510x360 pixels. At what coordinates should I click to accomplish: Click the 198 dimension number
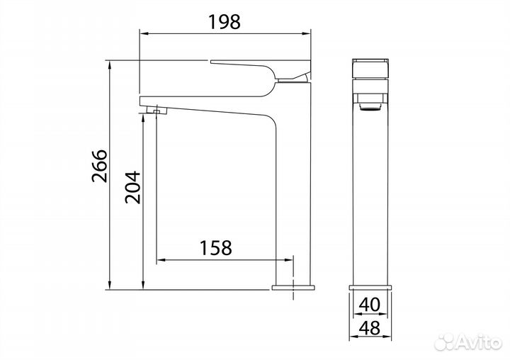click(x=224, y=22)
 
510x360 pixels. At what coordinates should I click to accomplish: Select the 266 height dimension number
click(x=100, y=166)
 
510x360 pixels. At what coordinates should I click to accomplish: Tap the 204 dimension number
click(x=132, y=188)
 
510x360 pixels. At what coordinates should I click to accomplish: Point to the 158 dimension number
click(x=215, y=248)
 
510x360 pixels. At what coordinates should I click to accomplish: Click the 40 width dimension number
click(x=370, y=305)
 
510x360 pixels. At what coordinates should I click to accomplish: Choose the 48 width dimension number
click(x=370, y=328)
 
